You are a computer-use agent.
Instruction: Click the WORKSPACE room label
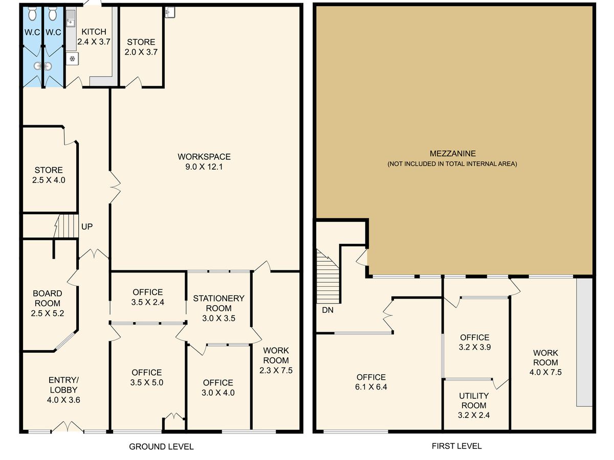click(204, 157)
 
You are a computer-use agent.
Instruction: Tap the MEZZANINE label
click(452, 154)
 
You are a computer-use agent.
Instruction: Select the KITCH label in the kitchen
click(94, 32)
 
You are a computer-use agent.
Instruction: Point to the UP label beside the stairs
click(86, 226)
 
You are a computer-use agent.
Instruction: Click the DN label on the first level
click(327, 310)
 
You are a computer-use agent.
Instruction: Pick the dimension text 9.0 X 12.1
click(204, 167)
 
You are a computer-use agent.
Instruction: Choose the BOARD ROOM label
click(47, 298)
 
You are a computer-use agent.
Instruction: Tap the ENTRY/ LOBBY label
click(63, 385)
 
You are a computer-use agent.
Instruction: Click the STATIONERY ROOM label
click(218, 303)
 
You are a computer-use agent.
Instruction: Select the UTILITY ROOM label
click(474, 401)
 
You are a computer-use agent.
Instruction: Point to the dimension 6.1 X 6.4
click(371, 387)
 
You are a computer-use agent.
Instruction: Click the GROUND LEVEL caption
click(161, 447)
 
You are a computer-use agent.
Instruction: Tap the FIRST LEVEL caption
click(456, 446)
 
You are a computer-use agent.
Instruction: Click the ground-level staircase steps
click(66, 226)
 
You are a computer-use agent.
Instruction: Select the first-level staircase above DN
click(328, 276)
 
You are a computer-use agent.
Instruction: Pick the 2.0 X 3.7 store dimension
click(141, 52)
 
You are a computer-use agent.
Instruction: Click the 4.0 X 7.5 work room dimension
click(545, 372)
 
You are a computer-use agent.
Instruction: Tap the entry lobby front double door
click(67, 426)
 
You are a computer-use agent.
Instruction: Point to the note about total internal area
click(452, 164)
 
